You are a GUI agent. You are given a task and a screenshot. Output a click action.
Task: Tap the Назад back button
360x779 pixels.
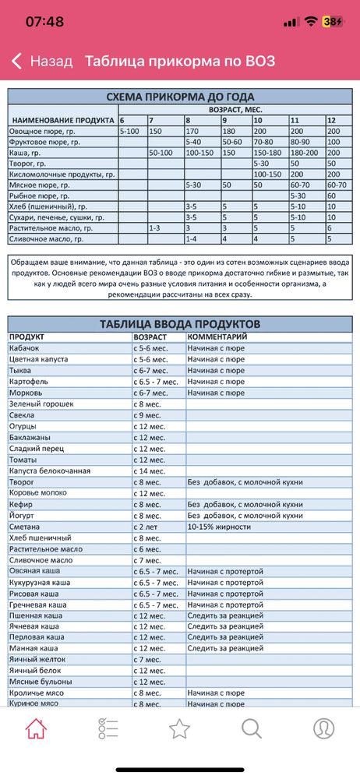tap(43, 61)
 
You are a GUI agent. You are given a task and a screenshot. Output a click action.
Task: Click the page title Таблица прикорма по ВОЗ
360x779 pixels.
tap(180, 61)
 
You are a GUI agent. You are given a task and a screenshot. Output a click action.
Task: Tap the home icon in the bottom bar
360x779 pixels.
tap(36, 728)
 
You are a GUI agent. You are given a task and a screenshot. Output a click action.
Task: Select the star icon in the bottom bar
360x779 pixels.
tap(180, 728)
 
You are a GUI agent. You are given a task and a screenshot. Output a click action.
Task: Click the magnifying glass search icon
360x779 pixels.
tap(251, 728)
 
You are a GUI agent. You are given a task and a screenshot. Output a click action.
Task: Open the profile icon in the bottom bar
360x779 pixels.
tap(323, 728)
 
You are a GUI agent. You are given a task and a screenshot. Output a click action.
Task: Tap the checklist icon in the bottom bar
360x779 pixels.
tap(108, 728)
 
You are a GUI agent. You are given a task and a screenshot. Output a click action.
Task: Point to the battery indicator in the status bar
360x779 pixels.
tap(332, 22)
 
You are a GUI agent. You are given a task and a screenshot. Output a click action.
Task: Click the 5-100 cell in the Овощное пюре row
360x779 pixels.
tap(130, 132)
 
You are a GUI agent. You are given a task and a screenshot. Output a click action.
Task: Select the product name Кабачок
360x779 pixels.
tap(26, 348)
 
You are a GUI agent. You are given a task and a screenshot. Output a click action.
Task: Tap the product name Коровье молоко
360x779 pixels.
tap(41, 493)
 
